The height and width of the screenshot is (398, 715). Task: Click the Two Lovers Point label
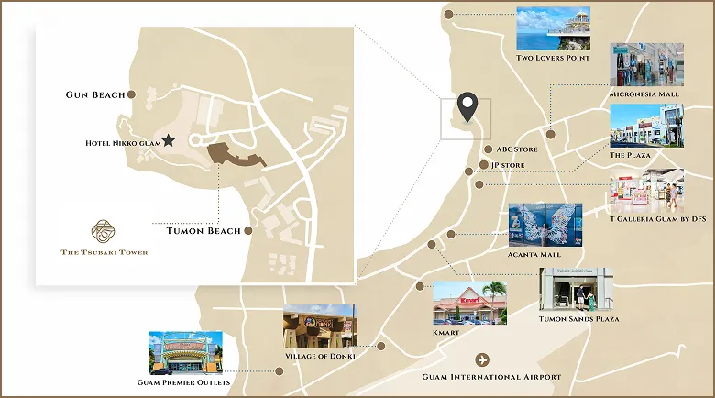click(551, 59)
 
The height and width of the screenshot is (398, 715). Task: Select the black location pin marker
click(467, 108)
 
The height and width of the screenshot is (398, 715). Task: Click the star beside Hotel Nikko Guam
click(169, 141)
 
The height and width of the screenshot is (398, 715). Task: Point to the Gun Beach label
click(94, 94)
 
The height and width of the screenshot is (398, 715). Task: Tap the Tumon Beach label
click(203, 231)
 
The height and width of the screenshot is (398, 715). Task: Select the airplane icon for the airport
click(484, 359)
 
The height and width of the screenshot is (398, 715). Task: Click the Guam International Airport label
click(491, 377)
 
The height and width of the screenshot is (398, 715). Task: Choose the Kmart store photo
click(469, 303)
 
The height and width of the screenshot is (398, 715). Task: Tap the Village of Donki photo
click(320, 326)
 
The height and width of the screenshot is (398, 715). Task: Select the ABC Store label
click(517, 149)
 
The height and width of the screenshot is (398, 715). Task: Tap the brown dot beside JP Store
click(484, 165)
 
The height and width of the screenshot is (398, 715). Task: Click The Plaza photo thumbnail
click(645, 126)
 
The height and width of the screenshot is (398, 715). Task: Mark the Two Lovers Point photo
click(552, 28)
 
